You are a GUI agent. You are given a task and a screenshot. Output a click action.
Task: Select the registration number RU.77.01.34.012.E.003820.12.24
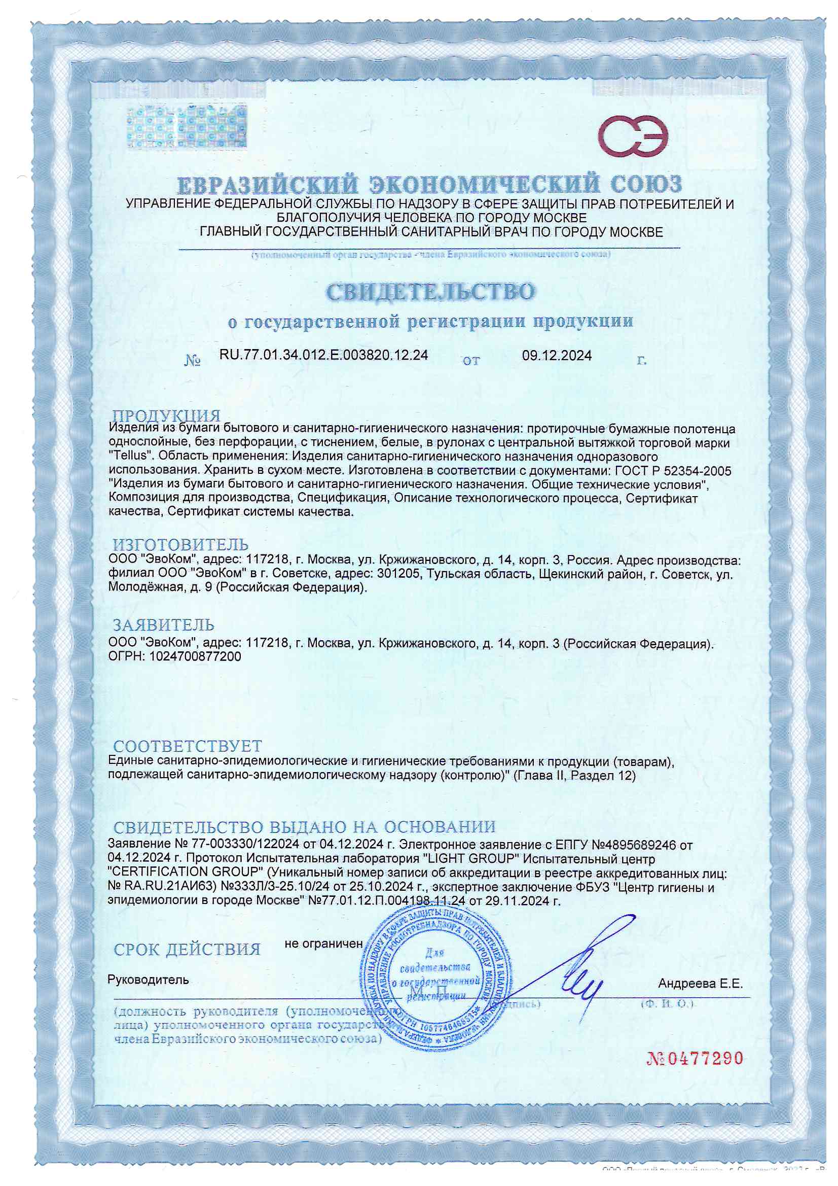[324, 355]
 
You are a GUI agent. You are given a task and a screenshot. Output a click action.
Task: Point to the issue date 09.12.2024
[557, 356]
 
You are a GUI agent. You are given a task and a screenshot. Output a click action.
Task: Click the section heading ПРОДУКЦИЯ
[167, 415]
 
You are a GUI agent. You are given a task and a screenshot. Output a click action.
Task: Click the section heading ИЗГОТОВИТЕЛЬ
[180, 544]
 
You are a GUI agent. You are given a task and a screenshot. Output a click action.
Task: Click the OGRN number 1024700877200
[195, 656]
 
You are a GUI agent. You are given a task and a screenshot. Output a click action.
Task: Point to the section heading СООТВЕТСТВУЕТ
[188, 746]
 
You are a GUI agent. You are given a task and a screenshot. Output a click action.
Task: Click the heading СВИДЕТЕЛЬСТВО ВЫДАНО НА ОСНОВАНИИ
[304, 827]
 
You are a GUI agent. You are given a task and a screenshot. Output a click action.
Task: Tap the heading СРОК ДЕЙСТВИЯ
[187, 950]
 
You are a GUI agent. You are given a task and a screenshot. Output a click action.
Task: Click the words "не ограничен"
[324, 943]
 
